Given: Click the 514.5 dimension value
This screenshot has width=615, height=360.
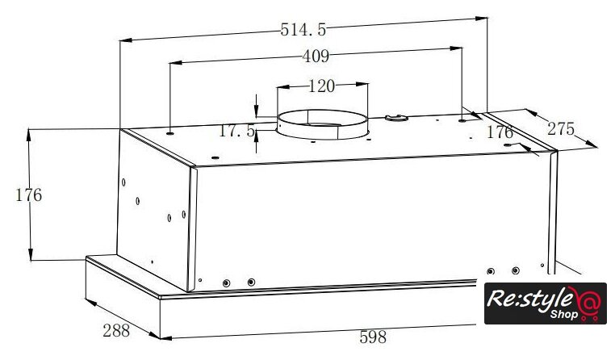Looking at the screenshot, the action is [x=303, y=30].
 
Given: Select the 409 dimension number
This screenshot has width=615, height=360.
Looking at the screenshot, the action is [x=316, y=57].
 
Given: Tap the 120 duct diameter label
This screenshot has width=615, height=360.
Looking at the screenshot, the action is [x=321, y=86].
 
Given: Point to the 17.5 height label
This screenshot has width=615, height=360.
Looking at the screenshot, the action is [x=237, y=131].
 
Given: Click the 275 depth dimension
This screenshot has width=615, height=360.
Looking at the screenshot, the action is [x=561, y=129].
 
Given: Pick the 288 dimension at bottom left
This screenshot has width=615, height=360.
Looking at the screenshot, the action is [x=116, y=331].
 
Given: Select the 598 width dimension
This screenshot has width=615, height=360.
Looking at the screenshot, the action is [x=373, y=337].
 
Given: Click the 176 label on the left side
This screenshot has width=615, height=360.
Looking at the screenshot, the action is [x=28, y=195].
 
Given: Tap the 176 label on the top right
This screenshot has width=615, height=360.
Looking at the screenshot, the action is [x=500, y=132].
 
